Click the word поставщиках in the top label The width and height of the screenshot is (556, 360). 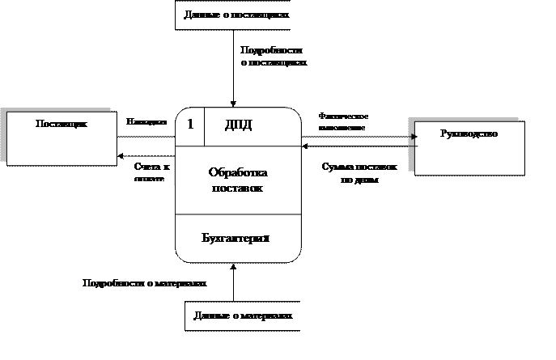click(x=262, y=15)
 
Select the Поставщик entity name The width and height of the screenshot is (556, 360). click(x=61, y=124)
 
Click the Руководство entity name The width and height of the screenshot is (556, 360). click(x=468, y=133)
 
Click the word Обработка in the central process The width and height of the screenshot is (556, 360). click(x=237, y=172)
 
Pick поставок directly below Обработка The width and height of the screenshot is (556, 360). click(x=237, y=188)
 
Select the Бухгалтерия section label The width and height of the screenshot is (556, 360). click(x=236, y=238)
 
